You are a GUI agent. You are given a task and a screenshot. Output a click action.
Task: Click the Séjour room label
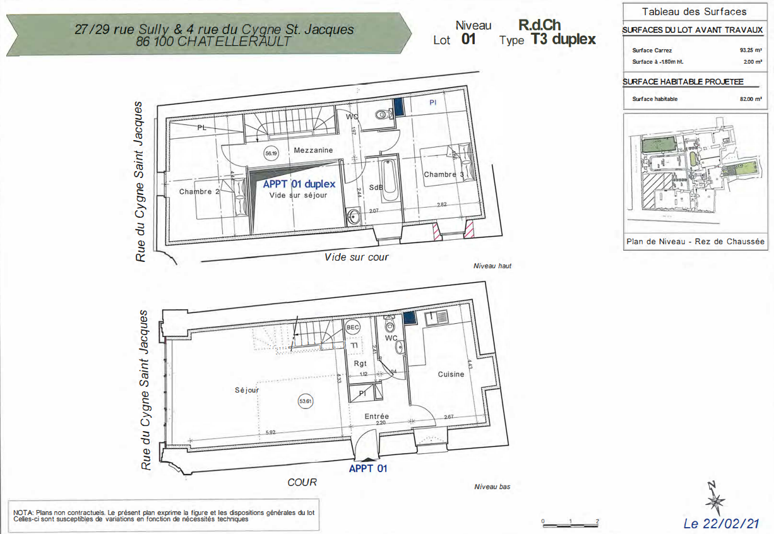pyautogui.click(x=247, y=390)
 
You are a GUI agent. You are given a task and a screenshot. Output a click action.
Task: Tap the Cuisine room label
pyautogui.click(x=451, y=374)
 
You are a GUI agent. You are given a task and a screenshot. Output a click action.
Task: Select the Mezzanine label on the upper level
pyautogui.click(x=313, y=150)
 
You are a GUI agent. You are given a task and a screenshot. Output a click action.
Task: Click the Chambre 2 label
pyautogui.click(x=199, y=191)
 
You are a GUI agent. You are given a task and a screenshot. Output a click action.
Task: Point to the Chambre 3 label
pyautogui.click(x=443, y=174)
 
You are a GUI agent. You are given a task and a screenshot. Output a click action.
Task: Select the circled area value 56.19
pyautogui.click(x=271, y=153)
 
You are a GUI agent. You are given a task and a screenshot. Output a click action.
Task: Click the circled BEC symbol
pyautogui.click(x=353, y=327)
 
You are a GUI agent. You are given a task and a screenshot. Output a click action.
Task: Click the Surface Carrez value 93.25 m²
pyautogui.click(x=751, y=50)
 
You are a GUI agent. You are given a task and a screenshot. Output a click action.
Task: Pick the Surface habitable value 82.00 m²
pyautogui.click(x=751, y=99)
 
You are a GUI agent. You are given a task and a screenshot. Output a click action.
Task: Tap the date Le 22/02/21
pyautogui.click(x=721, y=523)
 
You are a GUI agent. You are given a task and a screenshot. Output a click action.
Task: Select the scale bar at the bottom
pyautogui.click(x=569, y=524)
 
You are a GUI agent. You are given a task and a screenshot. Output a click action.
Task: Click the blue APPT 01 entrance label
pyautogui.click(x=367, y=468)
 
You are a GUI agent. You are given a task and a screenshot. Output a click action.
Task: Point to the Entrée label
pyautogui.click(x=376, y=417)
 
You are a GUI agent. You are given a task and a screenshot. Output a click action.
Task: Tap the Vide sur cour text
pyautogui.click(x=356, y=257)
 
